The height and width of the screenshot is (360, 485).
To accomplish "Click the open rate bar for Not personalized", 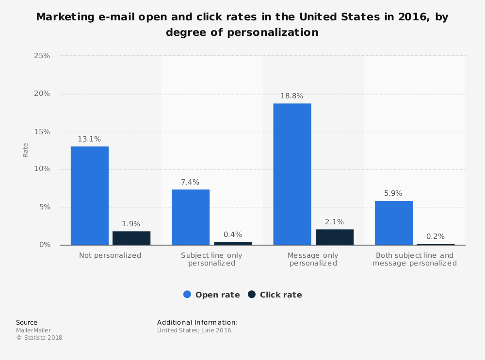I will [x=90, y=196].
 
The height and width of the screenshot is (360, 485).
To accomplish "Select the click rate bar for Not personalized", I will [x=131, y=238].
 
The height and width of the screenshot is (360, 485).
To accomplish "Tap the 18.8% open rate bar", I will [x=292, y=174].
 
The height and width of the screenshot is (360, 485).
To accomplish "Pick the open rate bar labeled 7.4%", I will [x=191, y=217].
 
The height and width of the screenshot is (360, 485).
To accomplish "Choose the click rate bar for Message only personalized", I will [x=335, y=237].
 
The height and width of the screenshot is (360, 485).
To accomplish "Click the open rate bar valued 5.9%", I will [x=394, y=223].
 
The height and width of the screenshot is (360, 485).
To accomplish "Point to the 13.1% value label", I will [x=89, y=139].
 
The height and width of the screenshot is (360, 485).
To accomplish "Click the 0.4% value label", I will [x=233, y=235].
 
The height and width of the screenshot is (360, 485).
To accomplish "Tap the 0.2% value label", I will [x=436, y=236].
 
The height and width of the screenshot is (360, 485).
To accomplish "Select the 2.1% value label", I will [x=335, y=222].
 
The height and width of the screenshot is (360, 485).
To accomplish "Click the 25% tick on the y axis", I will [x=42, y=56].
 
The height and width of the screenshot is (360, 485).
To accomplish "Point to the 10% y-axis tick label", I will [x=42, y=169].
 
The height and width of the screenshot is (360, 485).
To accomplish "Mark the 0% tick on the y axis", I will [x=45, y=245].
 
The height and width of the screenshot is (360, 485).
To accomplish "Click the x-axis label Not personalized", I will [x=110, y=255].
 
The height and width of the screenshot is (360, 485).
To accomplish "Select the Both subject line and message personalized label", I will [x=415, y=259].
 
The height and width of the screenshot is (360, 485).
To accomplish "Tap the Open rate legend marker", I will [x=187, y=294].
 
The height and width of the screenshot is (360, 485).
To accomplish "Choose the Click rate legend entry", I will [x=275, y=295].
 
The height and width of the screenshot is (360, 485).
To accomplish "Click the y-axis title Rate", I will [x=26, y=150].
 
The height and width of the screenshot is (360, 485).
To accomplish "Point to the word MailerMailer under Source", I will [x=33, y=330].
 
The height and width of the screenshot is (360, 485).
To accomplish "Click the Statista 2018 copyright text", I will [x=39, y=338].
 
